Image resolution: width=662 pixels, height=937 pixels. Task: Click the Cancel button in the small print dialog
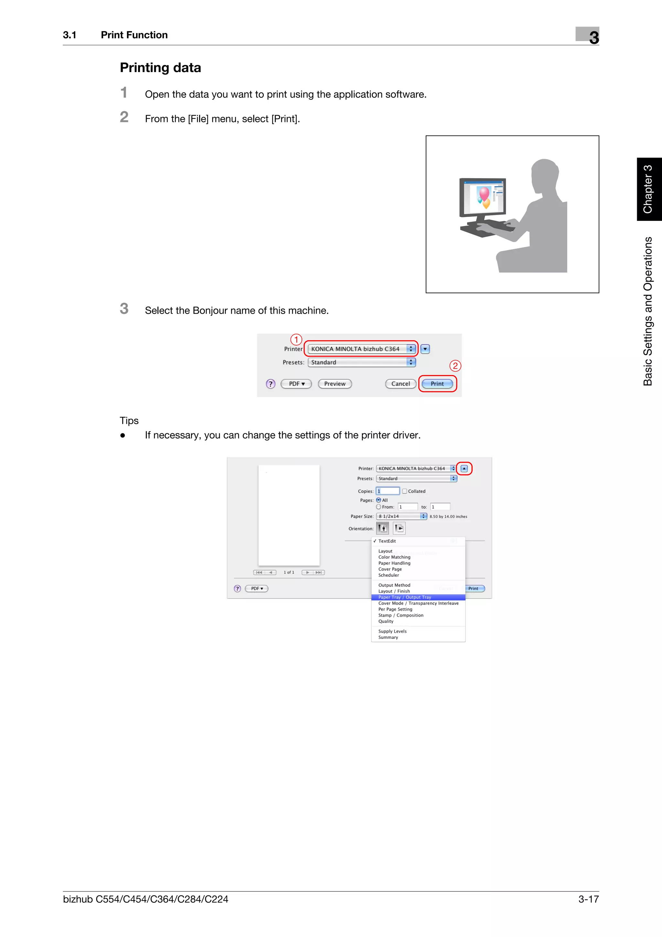pyautogui.click(x=400, y=383)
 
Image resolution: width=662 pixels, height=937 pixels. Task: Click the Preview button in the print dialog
pyautogui.click(x=335, y=383)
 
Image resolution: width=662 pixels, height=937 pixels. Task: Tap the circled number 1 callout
pyautogui.click(x=296, y=339)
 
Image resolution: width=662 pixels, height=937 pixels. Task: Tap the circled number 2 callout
pyautogui.click(x=455, y=366)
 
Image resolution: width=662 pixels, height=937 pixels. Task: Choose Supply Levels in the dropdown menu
pyautogui.click(x=392, y=631)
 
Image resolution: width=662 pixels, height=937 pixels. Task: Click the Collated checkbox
pyautogui.click(x=405, y=491)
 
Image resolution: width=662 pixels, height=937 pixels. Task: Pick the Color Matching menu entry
pyautogui.click(x=394, y=557)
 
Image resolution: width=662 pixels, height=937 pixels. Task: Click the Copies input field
pyautogui.click(x=388, y=491)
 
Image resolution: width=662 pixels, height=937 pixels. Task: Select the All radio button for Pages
pyautogui.click(x=379, y=500)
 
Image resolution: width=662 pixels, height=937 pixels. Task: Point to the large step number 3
pyautogui.click(x=124, y=308)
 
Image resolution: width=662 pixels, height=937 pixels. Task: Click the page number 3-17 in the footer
pyautogui.click(x=588, y=899)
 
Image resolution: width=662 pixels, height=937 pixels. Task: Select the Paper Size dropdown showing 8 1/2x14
pyautogui.click(x=401, y=516)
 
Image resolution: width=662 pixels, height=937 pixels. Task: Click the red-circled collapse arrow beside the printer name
pyautogui.click(x=464, y=469)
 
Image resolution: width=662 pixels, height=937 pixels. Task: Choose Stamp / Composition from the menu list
pyautogui.click(x=400, y=615)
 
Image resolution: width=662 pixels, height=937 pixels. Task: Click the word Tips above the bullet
pyautogui.click(x=129, y=420)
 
